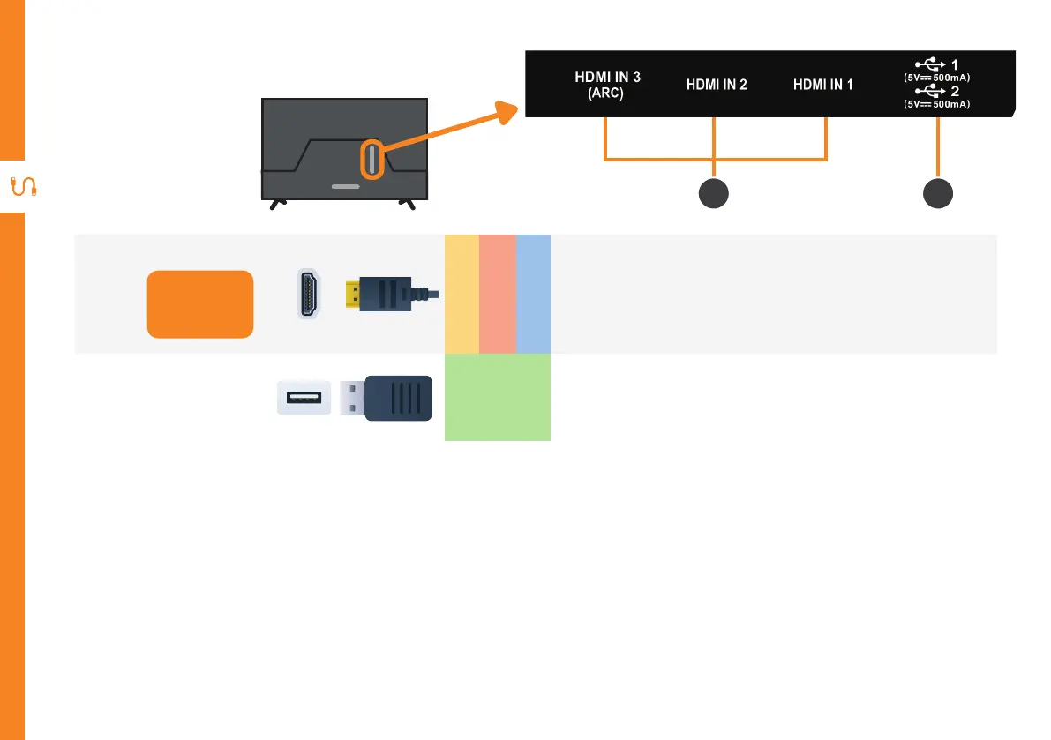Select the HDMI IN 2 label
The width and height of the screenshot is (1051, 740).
click(717, 86)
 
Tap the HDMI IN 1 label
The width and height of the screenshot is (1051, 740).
click(823, 86)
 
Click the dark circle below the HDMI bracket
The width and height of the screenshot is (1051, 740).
click(714, 194)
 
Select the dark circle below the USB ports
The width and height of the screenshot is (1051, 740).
click(938, 194)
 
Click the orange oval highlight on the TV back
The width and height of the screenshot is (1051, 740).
click(372, 160)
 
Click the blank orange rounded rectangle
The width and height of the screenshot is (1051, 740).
click(199, 304)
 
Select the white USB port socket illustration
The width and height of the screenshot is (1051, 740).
click(304, 397)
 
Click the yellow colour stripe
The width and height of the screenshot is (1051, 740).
click(462, 294)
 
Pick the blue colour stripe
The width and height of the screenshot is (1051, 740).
click(533, 294)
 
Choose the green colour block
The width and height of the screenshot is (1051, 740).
click(497, 397)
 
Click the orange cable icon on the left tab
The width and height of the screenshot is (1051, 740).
click(21, 187)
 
